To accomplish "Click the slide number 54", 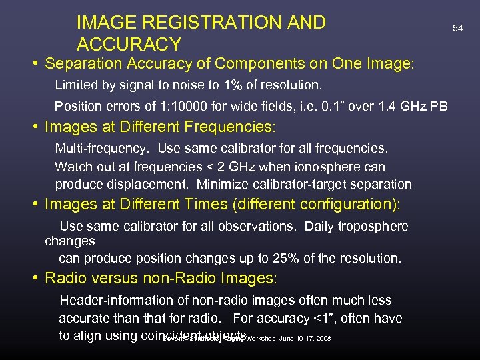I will (x=457, y=29).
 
